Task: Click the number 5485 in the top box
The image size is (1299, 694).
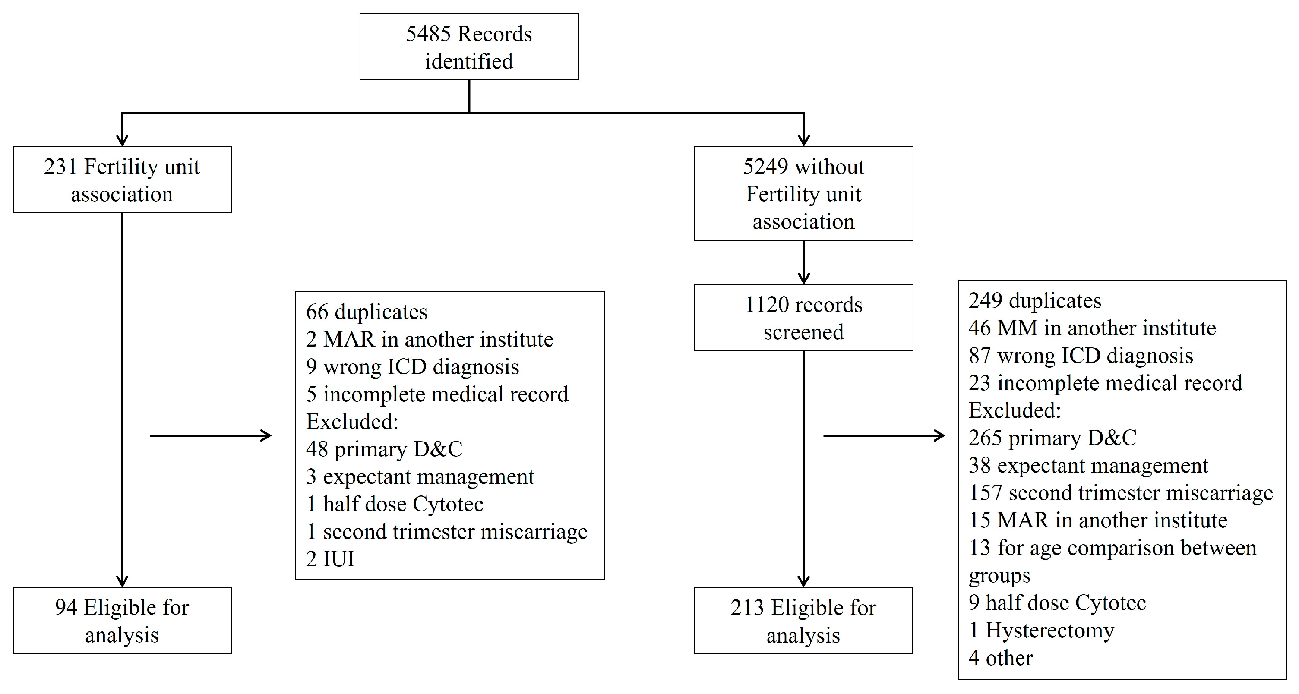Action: click(x=428, y=34)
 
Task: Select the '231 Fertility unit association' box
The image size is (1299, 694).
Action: click(x=122, y=180)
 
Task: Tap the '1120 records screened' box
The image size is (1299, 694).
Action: click(x=803, y=318)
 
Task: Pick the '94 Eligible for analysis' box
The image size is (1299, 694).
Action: click(x=122, y=621)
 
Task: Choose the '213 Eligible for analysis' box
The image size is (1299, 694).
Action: click(x=803, y=621)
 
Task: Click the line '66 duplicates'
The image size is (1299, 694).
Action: click(x=367, y=312)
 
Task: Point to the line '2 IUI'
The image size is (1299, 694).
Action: click(x=330, y=559)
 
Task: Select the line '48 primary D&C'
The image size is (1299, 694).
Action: click(x=384, y=449)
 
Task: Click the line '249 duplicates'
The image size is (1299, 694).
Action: click(x=1035, y=301)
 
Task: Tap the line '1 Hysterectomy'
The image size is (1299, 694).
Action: click(x=1041, y=631)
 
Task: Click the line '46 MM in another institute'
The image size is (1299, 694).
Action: click(x=1092, y=328)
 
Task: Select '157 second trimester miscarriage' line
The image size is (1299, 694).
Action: click(x=1120, y=493)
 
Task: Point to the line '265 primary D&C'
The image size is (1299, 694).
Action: click(x=1052, y=438)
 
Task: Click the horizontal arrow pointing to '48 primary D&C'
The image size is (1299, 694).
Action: click(x=211, y=435)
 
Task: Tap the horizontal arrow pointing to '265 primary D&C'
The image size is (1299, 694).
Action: click(x=884, y=435)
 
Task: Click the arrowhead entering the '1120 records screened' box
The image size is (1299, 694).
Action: click(x=804, y=278)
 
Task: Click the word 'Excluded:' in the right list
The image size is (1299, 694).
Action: click(x=1015, y=410)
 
